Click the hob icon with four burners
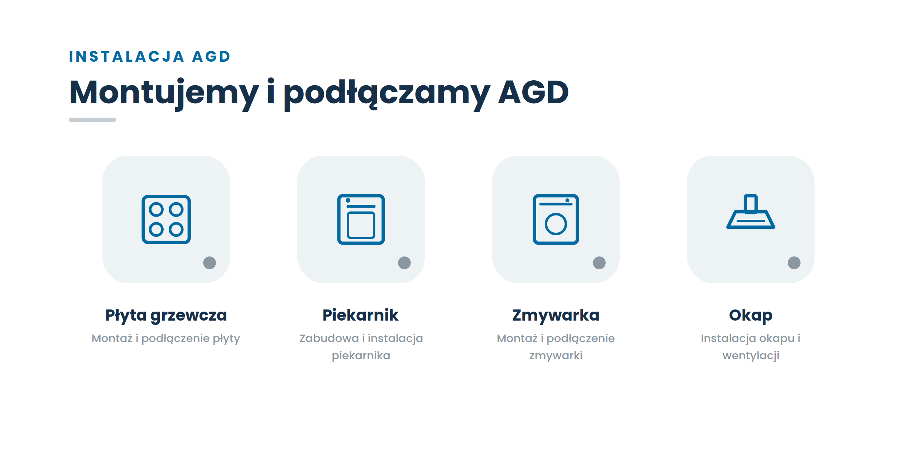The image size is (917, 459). pyautogui.click(x=143, y=219)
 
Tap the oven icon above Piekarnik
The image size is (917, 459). pyautogui.click(x=338, y=219)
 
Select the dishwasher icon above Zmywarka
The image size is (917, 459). pyautogui.click(x=534, y=219)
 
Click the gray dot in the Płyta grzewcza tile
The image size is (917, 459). pyautogui.click(x=210, y=263)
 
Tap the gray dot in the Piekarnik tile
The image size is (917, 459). pyautogui.click(x=404, y=263)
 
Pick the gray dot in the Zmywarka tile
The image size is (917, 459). pyautogui.click(x=599, y=263)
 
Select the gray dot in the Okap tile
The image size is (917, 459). pyautogui.click(x=794, y=263)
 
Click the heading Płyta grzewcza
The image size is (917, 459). pyautogui.click(x=166, y=316)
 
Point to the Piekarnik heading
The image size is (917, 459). pyautogui.click(x=361, y=315)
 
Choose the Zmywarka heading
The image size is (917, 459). pyautogui.click(x=556, y=316)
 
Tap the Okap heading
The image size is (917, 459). pyautogui.click(x=751, y=316)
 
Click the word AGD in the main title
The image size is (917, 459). pyautogui.click(x=533, y=92)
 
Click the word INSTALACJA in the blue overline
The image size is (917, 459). pyautogui.click(x=127, y=56)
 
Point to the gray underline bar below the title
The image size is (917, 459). pyautogui.click(x=92, y=120)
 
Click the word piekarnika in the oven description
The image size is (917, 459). pyautogui.click(x=361, y=356)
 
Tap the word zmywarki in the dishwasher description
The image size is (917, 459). pyautogui.click(x=556, y=356)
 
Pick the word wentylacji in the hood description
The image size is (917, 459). pyautogui.click(x=751, y=356)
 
